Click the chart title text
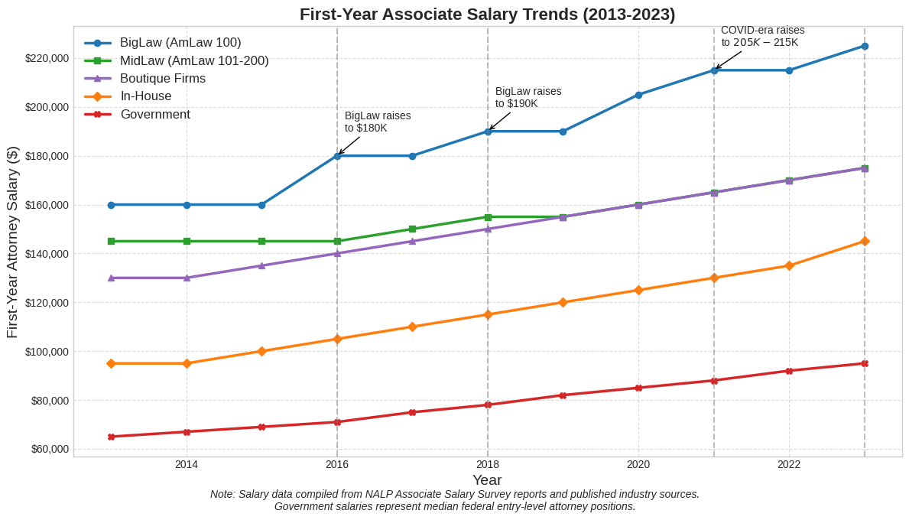point(487,15)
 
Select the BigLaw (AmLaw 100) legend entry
point(180,43)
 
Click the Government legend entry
point(155,115)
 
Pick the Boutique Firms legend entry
point(163,78)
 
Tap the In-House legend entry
point(146,96)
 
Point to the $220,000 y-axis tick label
point(47,58)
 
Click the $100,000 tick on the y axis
point(47,352)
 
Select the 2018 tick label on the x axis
point(488,464)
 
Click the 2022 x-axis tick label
point(789,464)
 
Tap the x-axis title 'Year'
point(487,480)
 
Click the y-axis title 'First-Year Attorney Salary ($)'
point(12,242)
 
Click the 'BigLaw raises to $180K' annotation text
point(378,122)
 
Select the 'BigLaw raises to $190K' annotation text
point(528,97)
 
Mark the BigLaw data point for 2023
point(865,46)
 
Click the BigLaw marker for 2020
point(638,95)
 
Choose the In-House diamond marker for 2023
point(865,241)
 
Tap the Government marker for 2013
point(111,437)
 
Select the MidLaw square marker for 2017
point(412,229)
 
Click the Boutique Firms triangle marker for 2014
point(187,278)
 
